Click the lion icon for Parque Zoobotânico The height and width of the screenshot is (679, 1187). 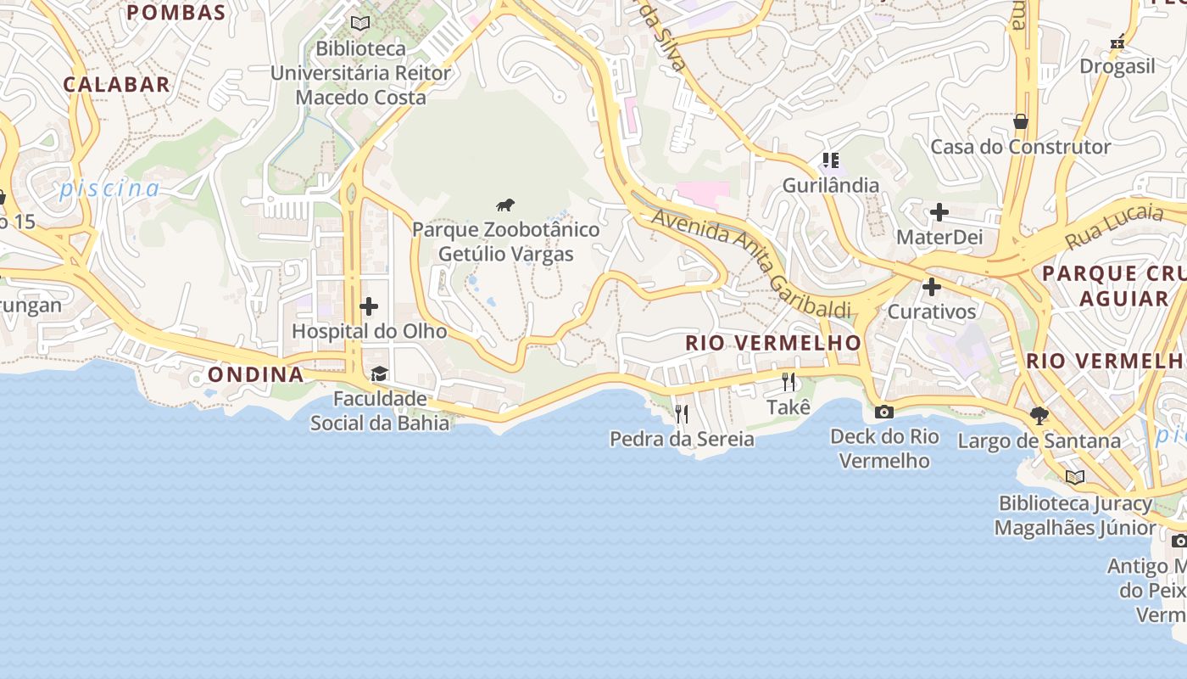tap(505, 205)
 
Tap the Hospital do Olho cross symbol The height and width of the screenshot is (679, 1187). tap(369, 306)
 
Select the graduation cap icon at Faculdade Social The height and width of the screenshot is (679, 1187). tap(379, 374)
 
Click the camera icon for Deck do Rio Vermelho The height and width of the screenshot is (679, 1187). tap(883, 412)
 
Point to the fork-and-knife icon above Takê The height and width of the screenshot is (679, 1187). tap(789, 382)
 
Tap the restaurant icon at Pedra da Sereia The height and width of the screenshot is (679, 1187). tap(681, 414)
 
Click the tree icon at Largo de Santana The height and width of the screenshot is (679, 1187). tap(1039, 416)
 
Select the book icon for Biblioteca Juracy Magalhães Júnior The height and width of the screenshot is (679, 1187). tap(1075, 477)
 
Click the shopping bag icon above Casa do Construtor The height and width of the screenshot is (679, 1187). tap(1021, 121)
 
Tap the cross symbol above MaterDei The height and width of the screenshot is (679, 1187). tap(939, 211)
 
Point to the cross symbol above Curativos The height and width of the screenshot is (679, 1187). tap(932, 287)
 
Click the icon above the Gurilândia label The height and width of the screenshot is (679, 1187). tap(830, 160)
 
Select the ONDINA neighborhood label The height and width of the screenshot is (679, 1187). tap(255, 374)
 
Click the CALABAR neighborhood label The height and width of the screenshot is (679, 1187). tap(116, 84)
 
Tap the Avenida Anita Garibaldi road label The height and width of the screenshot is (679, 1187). tap(750, 264)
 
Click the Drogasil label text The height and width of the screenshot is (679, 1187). tap(1117, 66)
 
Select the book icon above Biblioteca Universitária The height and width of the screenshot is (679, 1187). tap(360, 23)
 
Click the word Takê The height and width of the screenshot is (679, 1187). tap(789, 407)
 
